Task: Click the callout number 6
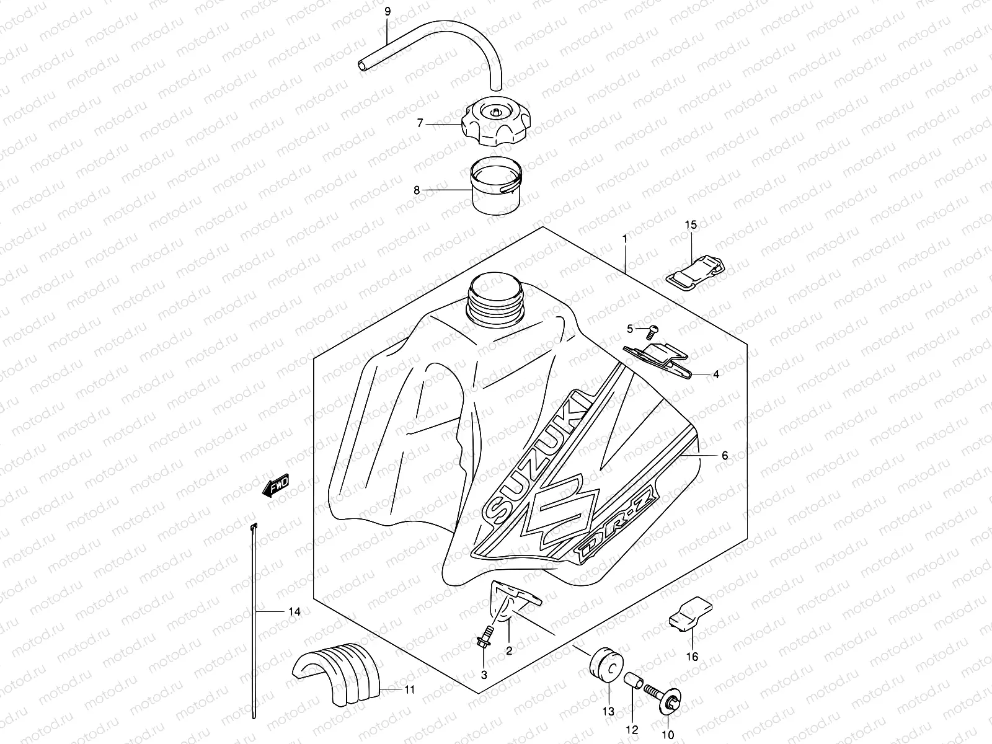[725, 456]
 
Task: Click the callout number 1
[625, 238]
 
